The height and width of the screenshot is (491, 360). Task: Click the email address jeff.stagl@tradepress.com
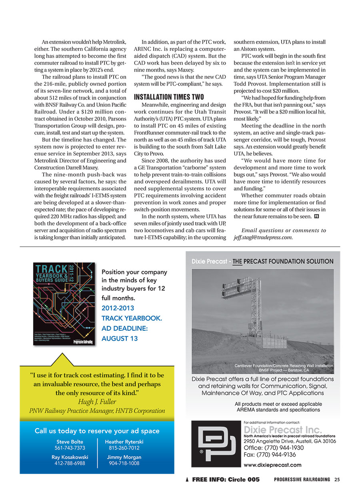(263, 238)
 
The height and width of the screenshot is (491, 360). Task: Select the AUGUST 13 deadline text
(120, 338)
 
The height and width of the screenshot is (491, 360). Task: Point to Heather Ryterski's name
(124, 441)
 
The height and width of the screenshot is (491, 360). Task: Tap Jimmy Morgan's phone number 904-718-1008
(124, 463)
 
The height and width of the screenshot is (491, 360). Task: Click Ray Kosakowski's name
(70, 457)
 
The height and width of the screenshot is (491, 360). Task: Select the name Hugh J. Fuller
(97, 402)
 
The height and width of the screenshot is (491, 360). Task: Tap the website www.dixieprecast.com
(272, 465)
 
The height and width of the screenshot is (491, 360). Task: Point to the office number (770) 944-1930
(274, 448)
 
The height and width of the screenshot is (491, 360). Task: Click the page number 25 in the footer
(337, 479)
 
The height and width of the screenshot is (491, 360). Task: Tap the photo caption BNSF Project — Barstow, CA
(284, 370)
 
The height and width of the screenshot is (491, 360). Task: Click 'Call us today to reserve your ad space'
(97, 431)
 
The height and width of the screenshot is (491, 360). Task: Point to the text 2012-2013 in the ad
(118, 308)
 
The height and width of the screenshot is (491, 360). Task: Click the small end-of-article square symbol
(316, 216)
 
